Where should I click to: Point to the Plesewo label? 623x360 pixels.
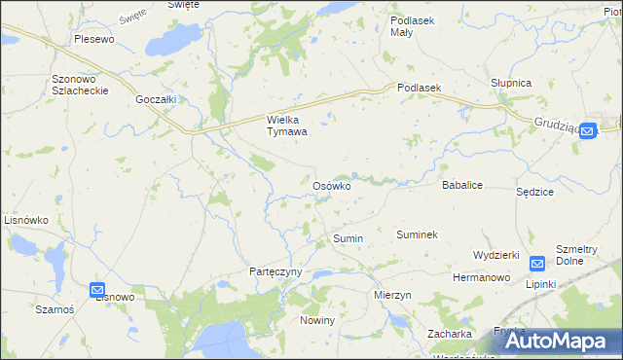click(x=94, y=40)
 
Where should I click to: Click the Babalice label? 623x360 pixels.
click(x=463, y=184)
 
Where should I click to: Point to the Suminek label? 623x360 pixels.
click(x=417, y=234)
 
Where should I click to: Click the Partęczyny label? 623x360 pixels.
click(x=276, y=271)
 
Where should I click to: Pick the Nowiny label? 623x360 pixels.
click(x=317, y=320)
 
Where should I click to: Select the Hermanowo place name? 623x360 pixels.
click(x=482, y=277)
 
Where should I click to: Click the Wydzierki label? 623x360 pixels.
click(x=495, y=254)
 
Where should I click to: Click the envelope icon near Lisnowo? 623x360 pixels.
click(x=97, y=290)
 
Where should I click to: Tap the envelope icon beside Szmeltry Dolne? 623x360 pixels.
click(x=537, y=263)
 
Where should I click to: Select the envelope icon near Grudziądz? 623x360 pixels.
click(x=587, y=133)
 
